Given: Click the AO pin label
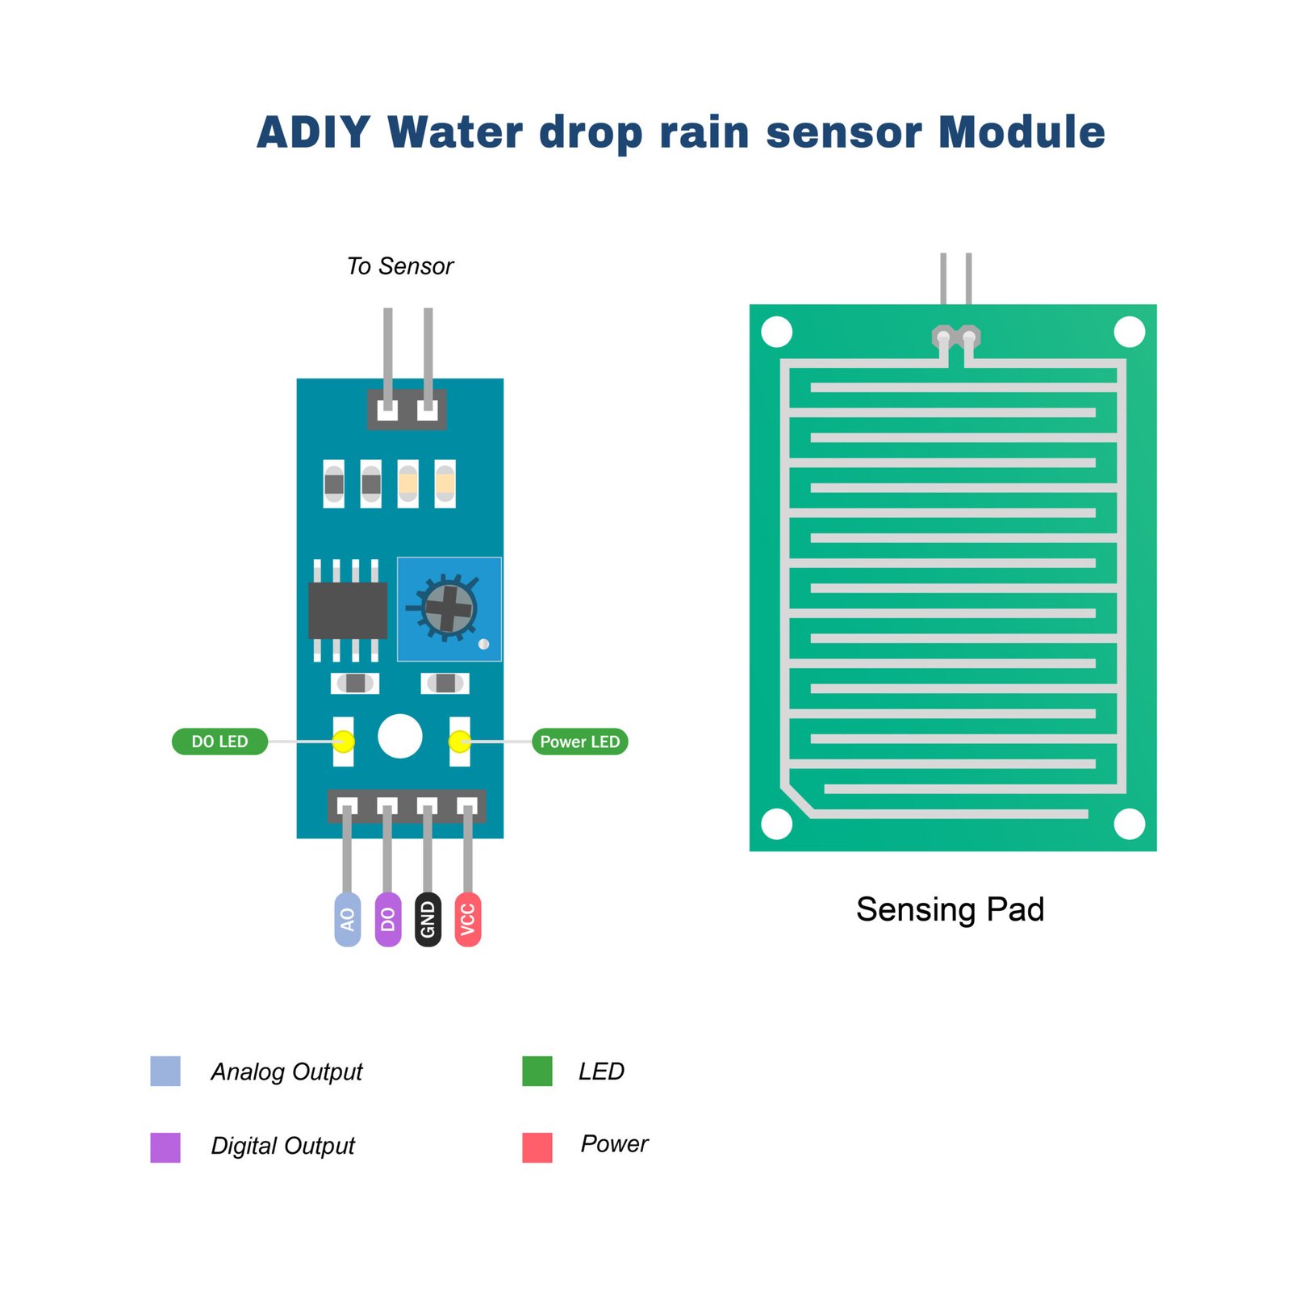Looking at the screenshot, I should (x=347, y=919).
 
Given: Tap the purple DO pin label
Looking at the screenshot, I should (x=387, y=919).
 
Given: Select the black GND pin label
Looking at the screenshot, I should (x=428, y=919).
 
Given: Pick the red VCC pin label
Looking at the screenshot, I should (x=468, y=919).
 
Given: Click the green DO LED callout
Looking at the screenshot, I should (x=219, y=742).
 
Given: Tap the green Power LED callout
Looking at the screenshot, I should (x=579, y=742).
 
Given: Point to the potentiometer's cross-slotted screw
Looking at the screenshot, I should (x=449, y=608).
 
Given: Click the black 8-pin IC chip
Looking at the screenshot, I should (x=348, y=610).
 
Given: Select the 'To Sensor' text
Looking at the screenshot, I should (x=400, y=266).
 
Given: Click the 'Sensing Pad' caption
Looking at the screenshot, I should (x=950, y=909).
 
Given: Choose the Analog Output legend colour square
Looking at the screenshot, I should (x=165, y=1071).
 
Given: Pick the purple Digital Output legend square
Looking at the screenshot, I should (x=165, y=1147).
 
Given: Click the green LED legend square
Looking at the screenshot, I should (x=537, y=1071).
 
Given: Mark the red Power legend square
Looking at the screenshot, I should (x=537, y=1147).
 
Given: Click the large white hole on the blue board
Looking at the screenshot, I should (x=399, y=736).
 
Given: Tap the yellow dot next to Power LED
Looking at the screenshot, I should (x=459, y=741).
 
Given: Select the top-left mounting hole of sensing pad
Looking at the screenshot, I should (x=777, y=332).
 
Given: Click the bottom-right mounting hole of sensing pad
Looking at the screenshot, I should (x=1129, y=824).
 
